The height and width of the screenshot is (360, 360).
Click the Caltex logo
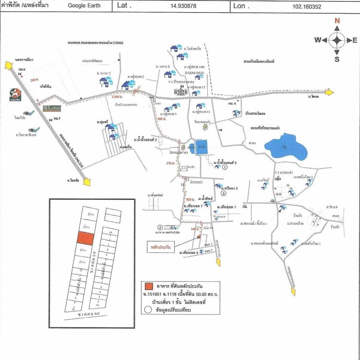(x=16, y=94)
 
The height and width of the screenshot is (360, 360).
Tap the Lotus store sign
(x=52, y=108)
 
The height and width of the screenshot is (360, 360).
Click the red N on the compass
(x=337, y=21)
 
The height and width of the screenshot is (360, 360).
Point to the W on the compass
(x=318, y=40)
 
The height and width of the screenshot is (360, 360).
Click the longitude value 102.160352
(x=307, y=6)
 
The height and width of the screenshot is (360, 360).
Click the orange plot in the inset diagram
(x=85, y=238)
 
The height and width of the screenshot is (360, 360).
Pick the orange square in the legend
(x=149, y=286)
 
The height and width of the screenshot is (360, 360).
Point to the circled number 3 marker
(x=224, y=193)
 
